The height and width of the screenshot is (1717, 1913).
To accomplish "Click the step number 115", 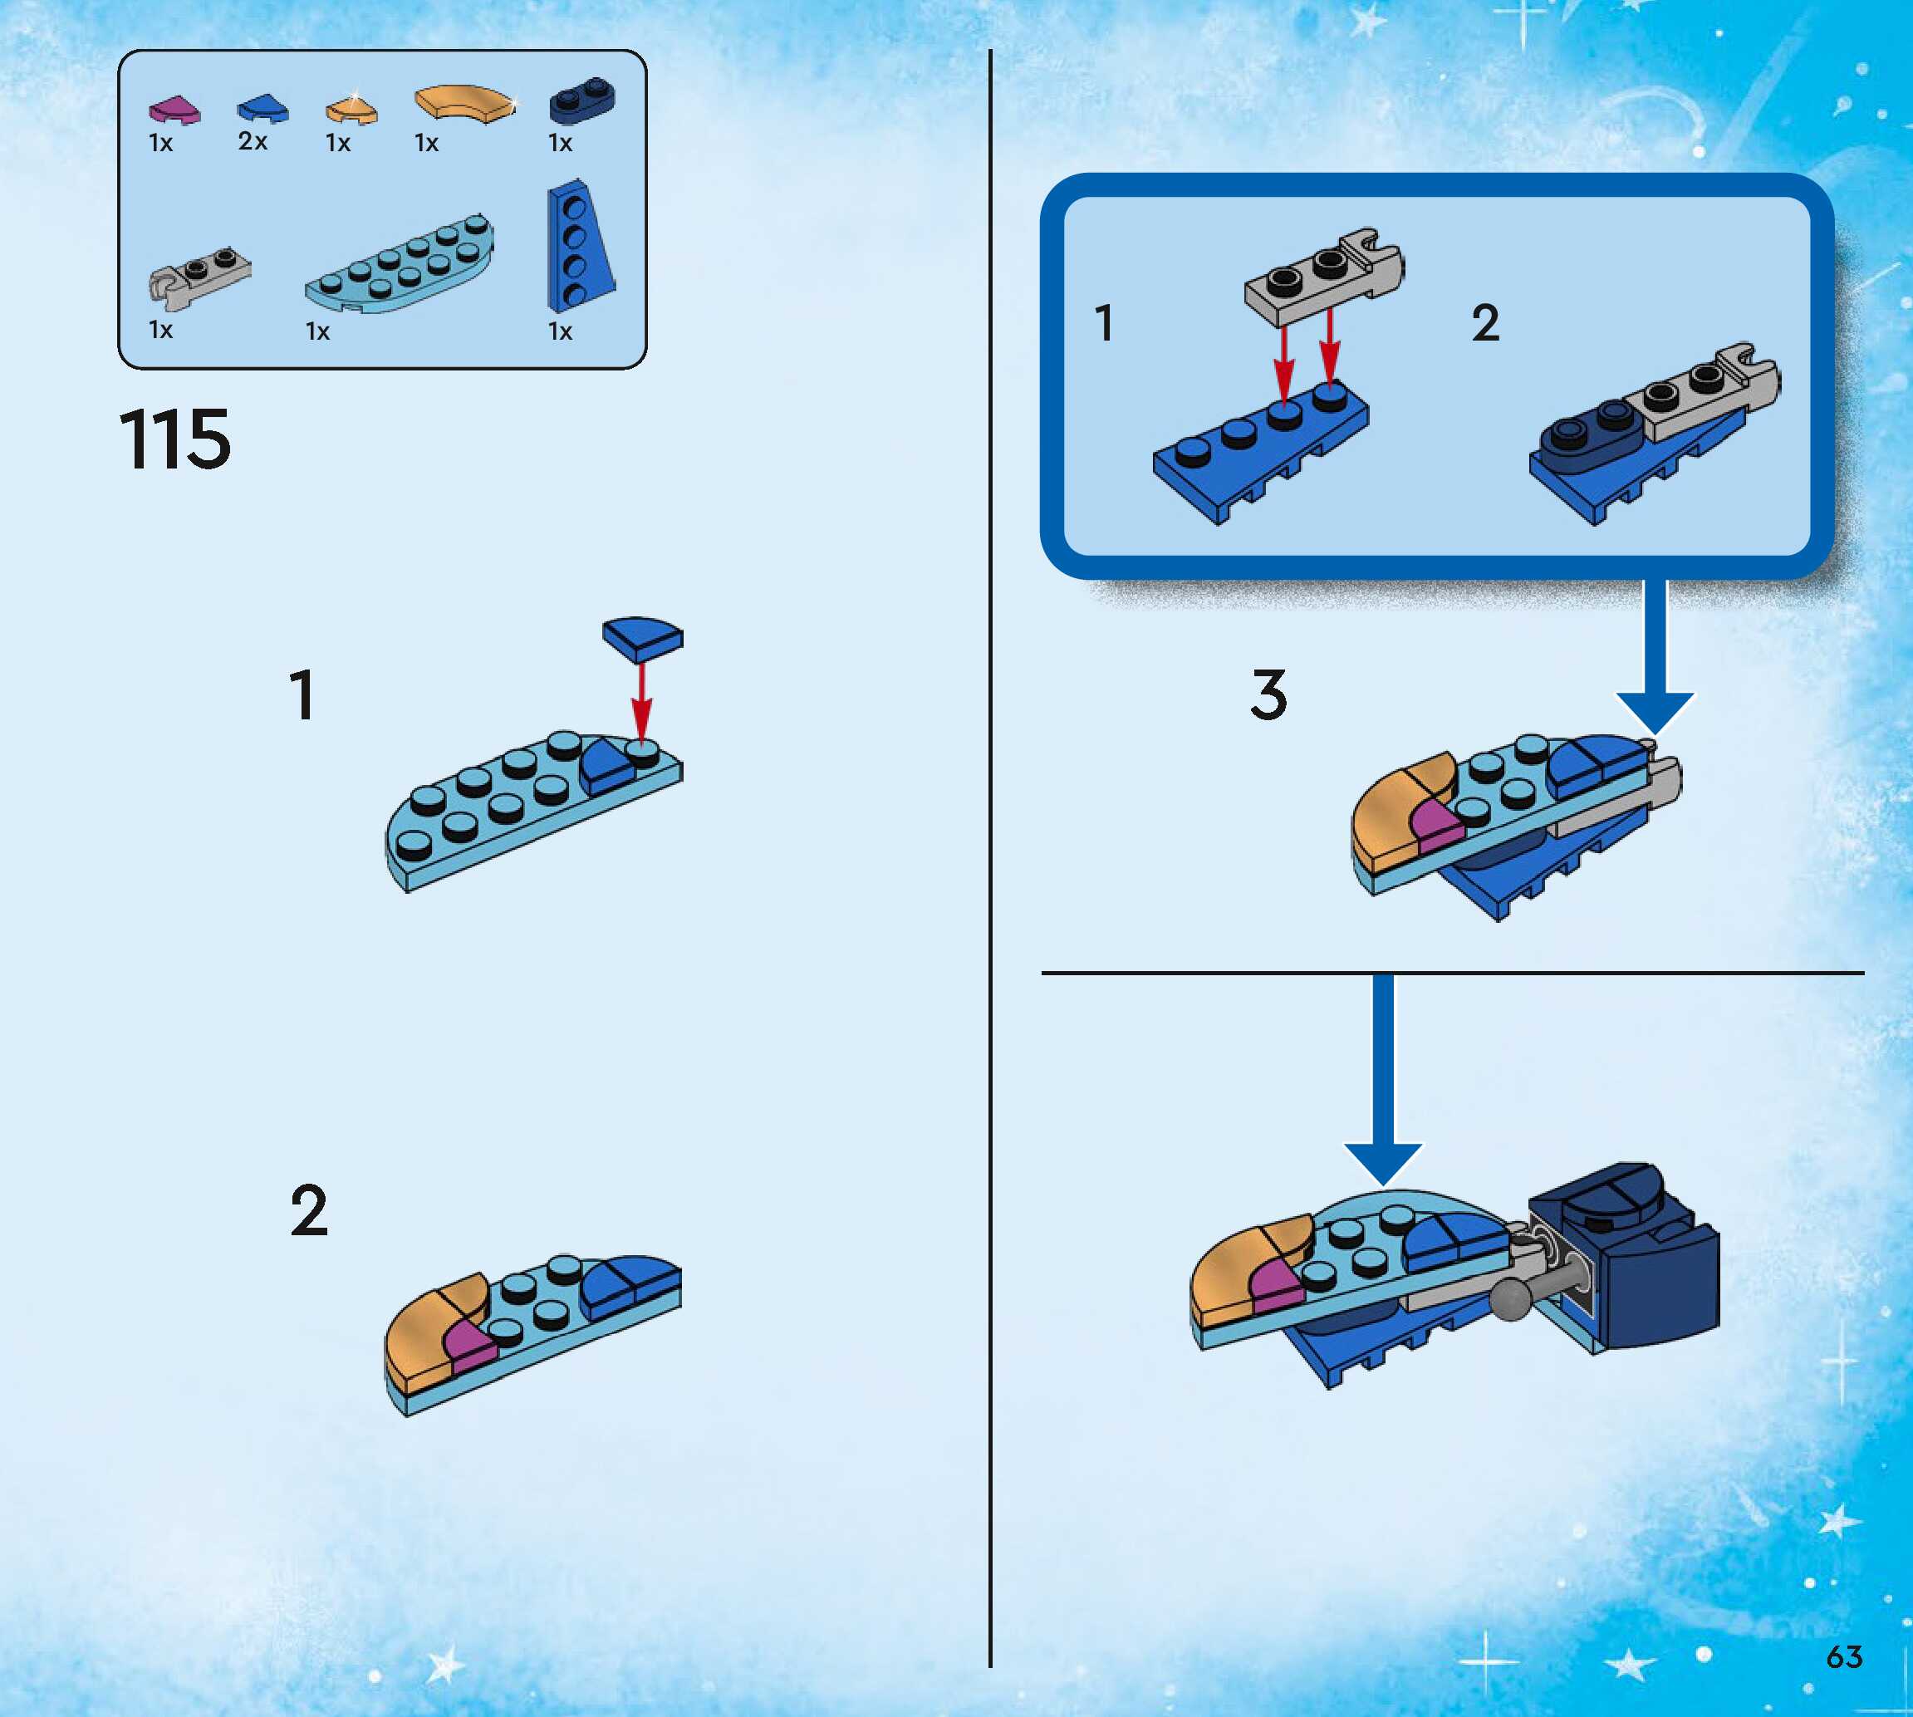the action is coord(175,439).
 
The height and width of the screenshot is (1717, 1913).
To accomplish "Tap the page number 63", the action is coord(1844,1656).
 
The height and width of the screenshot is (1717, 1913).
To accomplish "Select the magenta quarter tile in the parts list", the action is coord(174,110).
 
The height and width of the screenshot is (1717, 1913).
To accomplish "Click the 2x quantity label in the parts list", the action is coord(253,141).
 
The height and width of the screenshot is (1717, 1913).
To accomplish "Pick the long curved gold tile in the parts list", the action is coord(464,102).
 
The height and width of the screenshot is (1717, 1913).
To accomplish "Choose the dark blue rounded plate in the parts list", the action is coord(582,100).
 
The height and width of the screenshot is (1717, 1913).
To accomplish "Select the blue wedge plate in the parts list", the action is coord(578,250).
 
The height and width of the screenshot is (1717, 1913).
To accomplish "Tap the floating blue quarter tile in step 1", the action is coord(642,637).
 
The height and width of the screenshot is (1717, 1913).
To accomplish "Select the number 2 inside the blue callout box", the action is coord(1486,324).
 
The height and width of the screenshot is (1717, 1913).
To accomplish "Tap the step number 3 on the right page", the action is coord(1268,694).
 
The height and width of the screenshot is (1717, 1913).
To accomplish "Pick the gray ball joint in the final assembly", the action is coord(1512,1299).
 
